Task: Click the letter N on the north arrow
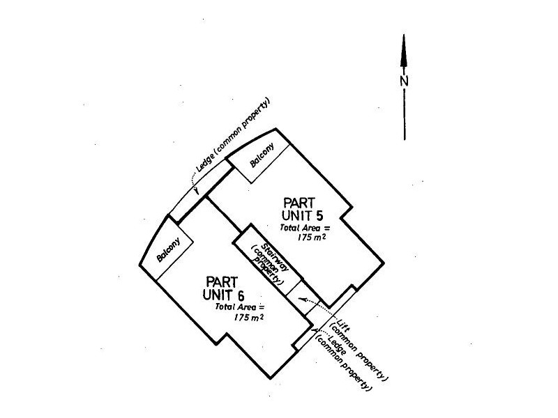tap(404, 81)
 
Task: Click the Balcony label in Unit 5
tap(262, 155)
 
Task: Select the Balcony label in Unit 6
tap(169, 249)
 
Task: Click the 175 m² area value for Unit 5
tap(311, 238)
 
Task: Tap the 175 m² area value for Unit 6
tap(249, 317)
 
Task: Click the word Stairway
tap(274, 257)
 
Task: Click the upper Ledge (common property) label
tap(234, 135)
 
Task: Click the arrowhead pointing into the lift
tap(303, 300)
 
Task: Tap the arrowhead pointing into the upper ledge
tap(196, 191)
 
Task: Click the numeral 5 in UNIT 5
tap(319, 215)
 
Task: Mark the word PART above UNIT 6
tap(222, 282)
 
